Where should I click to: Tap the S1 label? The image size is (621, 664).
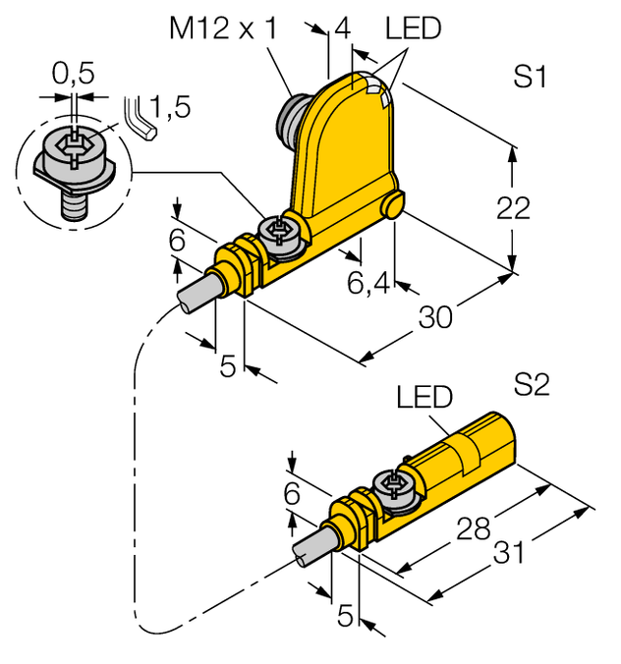531,78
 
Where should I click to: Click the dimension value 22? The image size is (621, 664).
513,207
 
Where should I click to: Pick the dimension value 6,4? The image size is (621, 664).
370,285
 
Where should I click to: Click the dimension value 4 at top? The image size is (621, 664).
342,29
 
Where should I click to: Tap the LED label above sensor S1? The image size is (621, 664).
413,30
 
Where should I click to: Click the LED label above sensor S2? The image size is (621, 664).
424,397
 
